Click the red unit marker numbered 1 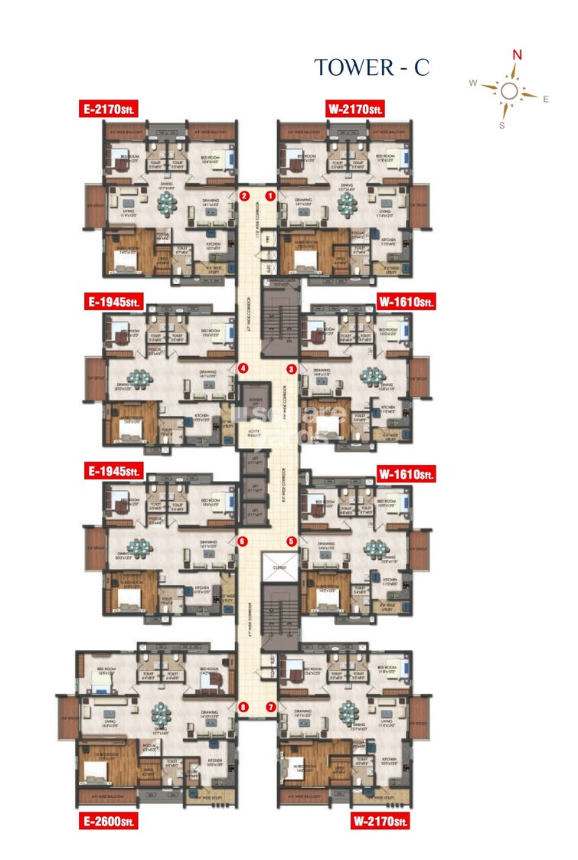pyautogui.click(x=271, y=196)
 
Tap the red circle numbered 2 pyautogui.click(x=243, y=196)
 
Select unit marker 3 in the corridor pyautogui.click(x=292, y=369)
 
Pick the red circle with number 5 pyautogui.click(x=292, y=541)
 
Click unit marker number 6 pyautogui.click(x=243, y=541)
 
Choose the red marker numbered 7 pyautogui.click(x=271, y=707)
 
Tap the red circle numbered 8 pyautogui.click(x=243, y=707)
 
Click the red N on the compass pyautogui.click(x=518, y=54)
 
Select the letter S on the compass pyautogui.click(x=502, y=125)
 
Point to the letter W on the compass pyautogui.click(x=473, y=83)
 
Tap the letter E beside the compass pyautogui.click(x=546, y=99)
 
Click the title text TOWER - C pyautogui.click(x=371, y=67)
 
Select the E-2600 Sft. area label pyautogui.click(x=109, y=822)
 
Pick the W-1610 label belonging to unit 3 pyautogui.click(x=407, y=302)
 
